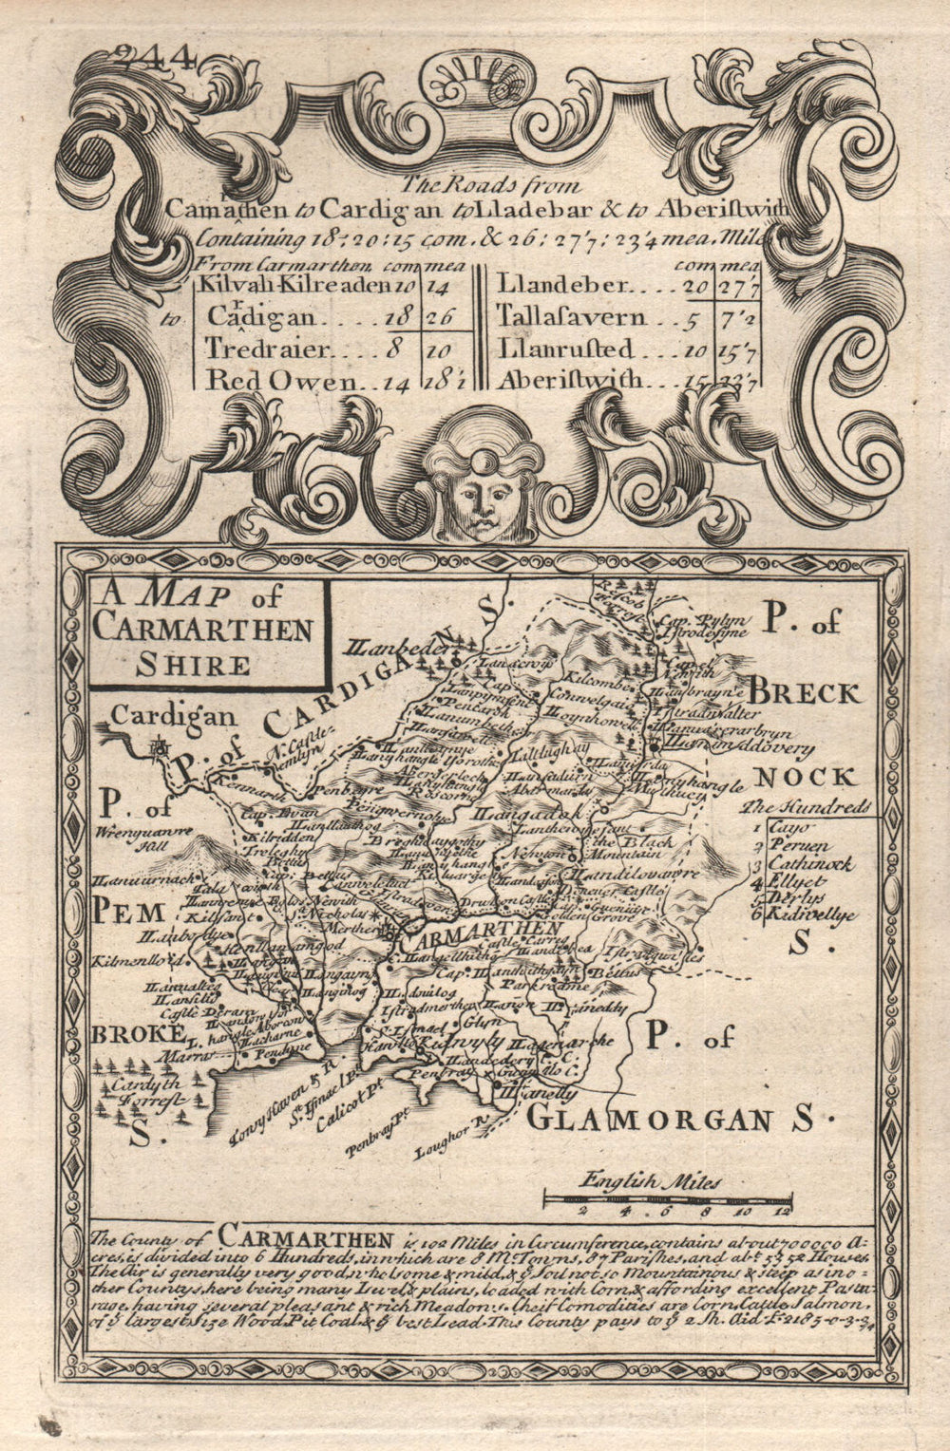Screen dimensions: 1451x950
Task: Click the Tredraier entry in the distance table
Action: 266,349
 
